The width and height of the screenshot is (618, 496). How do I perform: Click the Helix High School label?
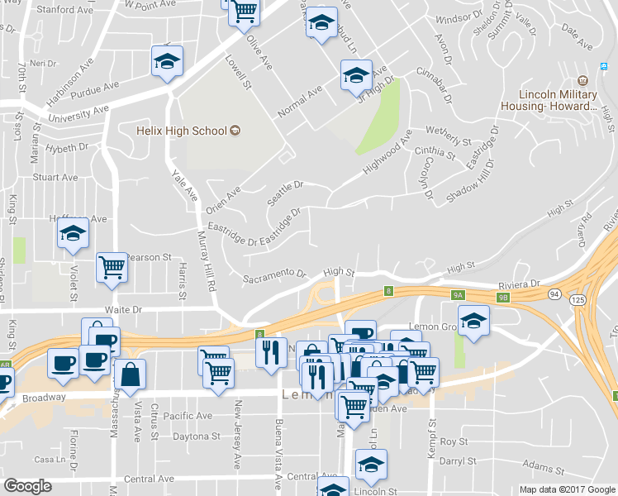[x=182, y=130]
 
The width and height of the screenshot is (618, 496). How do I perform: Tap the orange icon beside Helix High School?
[x=235, y=130]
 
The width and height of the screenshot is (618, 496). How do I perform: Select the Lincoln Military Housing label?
[x=558, y=100]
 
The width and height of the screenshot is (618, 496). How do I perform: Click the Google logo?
[x=27, y=486]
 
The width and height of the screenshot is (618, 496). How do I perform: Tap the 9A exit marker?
[x=459, y=293]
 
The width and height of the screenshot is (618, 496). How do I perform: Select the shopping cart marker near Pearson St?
[x=112, y=267]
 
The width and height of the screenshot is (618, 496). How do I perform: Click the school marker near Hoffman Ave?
[x=73, y=233]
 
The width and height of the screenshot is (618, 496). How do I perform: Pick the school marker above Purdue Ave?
[x=167, y=61]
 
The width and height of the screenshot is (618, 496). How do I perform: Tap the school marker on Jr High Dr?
[x=356, y=75]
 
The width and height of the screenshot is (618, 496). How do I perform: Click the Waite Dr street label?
[x=125, y=309]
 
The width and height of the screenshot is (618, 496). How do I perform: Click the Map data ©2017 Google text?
[x=566, y=489]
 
